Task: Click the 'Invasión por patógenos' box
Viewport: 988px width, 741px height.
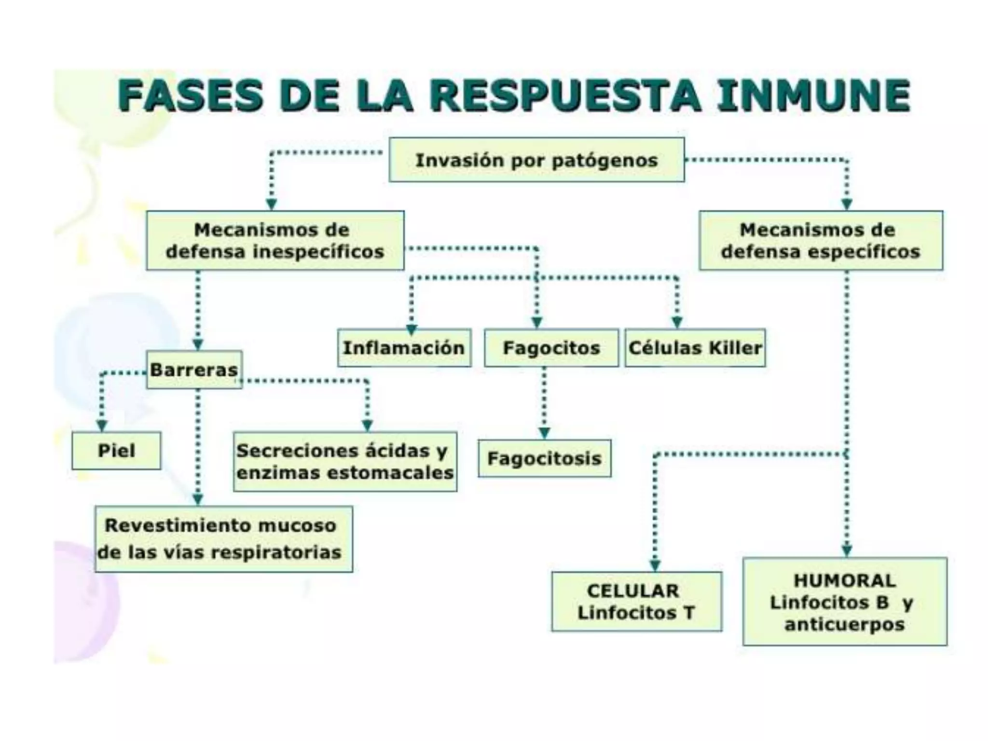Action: tap(536, 160)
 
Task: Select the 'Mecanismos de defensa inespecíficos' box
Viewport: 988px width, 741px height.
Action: tap(275, 240)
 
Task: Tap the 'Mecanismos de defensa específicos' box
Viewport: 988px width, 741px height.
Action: tap(821, 240)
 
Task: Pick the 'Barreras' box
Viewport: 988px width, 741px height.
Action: tap(194, 370)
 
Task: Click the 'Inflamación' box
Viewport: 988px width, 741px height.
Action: tap(404, 348)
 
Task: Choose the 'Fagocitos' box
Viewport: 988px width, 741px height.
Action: tap(551, 348)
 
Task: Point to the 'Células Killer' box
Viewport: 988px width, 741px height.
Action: tap(695, 348)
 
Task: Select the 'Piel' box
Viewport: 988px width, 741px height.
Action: tap(116, 451)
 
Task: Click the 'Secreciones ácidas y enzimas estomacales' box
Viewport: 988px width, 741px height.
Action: tap(345, 462)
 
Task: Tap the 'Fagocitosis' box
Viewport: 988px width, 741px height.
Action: tap(545, 458)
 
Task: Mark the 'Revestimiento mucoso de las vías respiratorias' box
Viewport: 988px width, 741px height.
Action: tap(223, 539)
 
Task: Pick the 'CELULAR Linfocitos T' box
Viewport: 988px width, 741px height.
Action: tap(636, 602)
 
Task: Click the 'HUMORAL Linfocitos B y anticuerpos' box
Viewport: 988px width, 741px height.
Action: tap(844, 602)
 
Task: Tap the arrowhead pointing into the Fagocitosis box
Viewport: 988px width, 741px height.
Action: tap(544, 433)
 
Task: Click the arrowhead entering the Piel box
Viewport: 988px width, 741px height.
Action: tap(101, 425)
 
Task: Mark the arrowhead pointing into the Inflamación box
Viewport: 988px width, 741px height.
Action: tap(411, 329)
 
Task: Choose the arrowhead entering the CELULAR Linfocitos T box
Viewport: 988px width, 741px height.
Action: tap(655, 565)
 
